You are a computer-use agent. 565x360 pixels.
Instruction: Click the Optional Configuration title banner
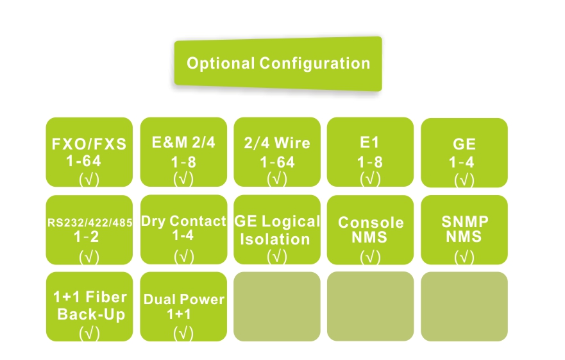click(x=278, y=64)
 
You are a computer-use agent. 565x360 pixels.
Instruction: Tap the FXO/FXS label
click(x=89, y=144)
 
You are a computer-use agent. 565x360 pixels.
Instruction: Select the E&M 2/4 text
click(x=183, y=142)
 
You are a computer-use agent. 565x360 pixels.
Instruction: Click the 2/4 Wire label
click(x=277, y=142)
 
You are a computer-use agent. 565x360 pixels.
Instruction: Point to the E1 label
click(x=370, y=142)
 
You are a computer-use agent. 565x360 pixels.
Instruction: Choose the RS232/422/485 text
click(x=90, y=223)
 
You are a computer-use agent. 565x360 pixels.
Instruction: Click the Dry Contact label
click(x=183, y=221)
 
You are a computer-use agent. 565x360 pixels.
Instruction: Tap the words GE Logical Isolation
click(x=277, y=230)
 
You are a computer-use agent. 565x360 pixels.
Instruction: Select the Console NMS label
click(x=371, y=229)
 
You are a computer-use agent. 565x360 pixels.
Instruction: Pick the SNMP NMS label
click(x=464, y=228)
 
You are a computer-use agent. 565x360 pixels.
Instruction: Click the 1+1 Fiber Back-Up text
click(x=89, y=306)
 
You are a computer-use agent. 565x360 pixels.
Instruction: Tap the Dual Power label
click(x=183, y=300)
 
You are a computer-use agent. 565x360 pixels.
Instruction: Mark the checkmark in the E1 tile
click(x=370, y=178)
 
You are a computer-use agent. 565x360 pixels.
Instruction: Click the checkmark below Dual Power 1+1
click(x=183, y=333)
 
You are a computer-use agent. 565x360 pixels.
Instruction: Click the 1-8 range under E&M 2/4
click(x=183, y=162)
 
